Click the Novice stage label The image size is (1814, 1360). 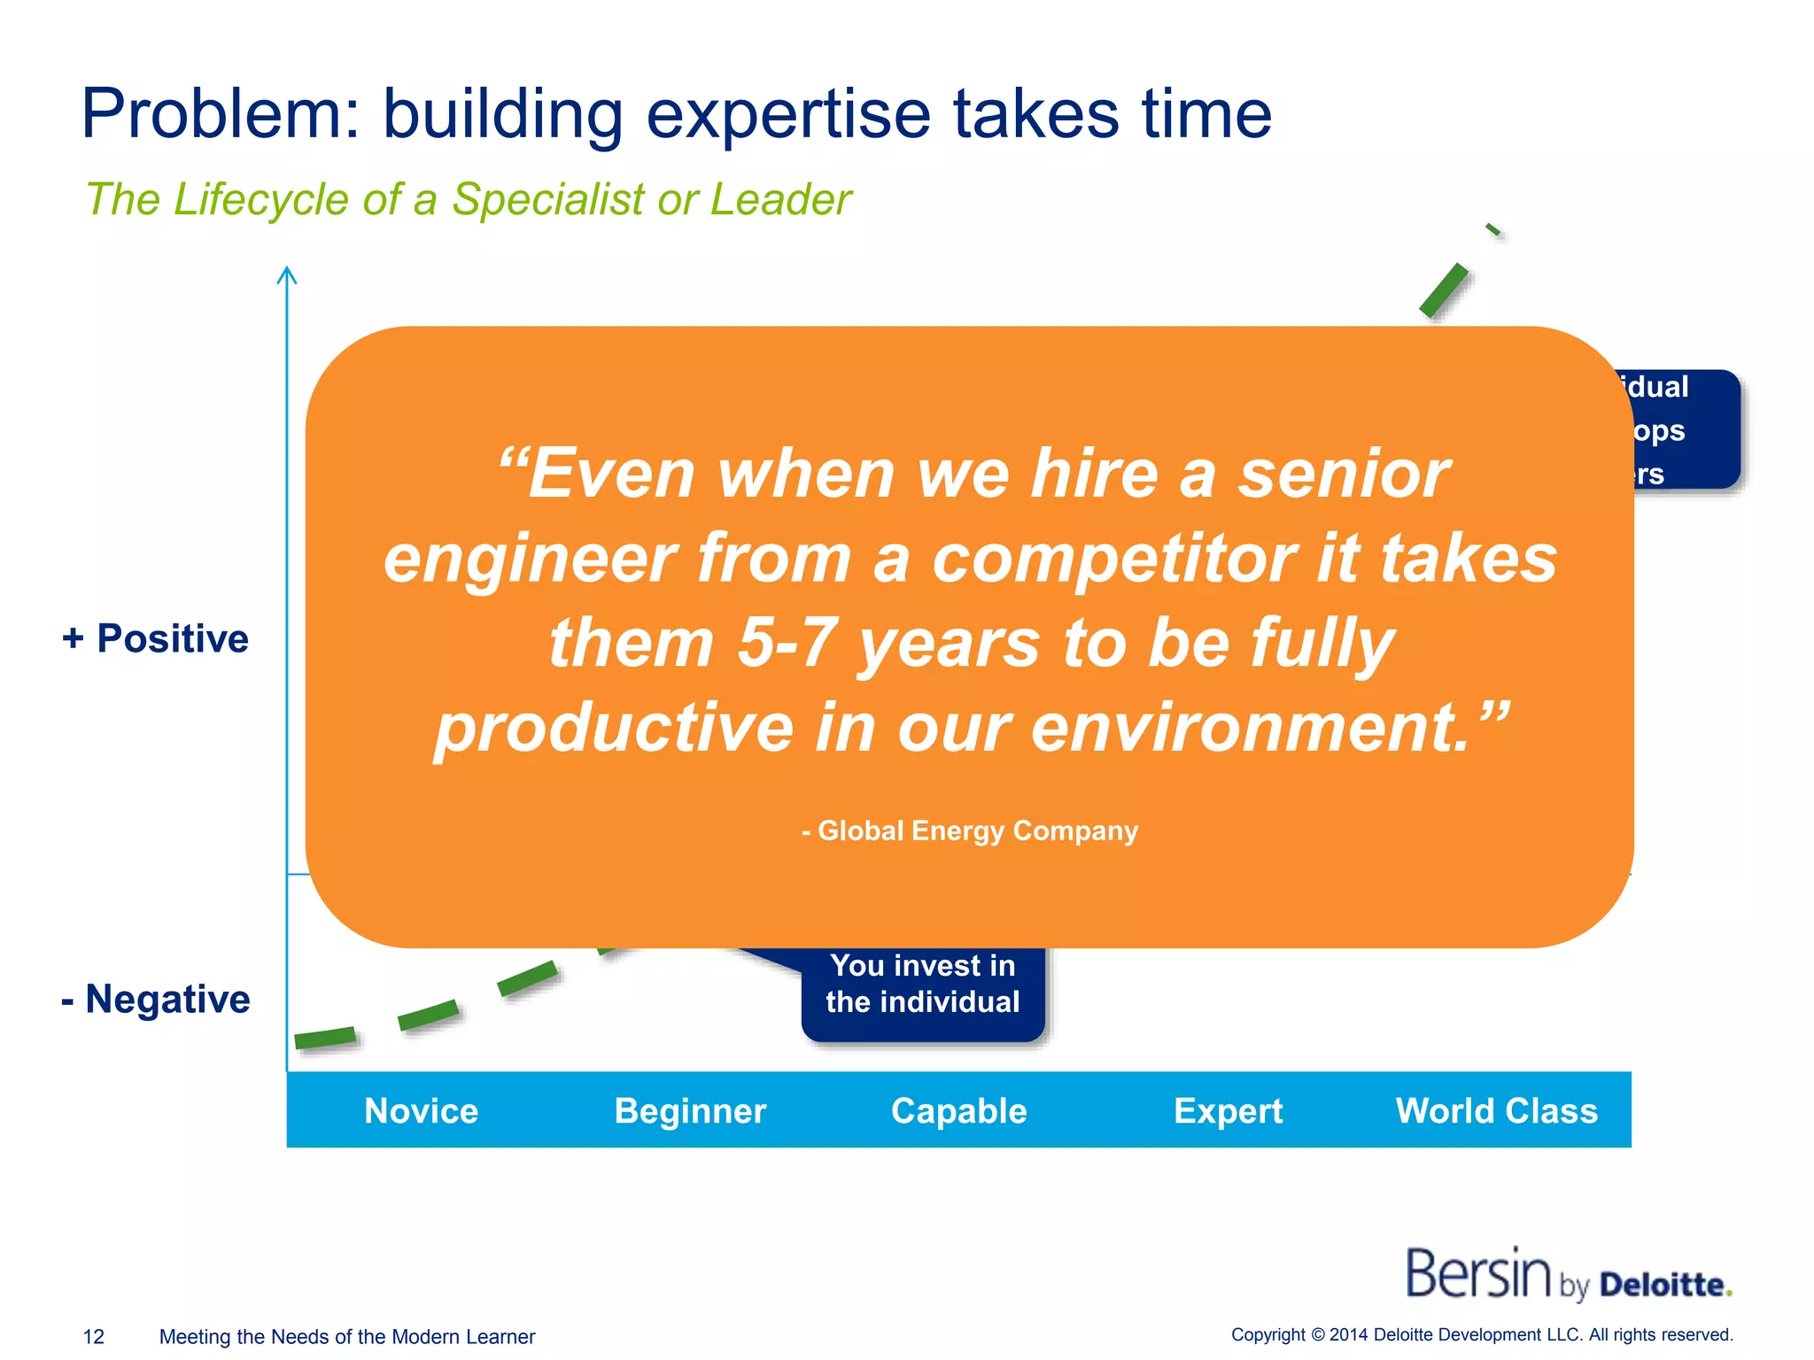click(x=421, y=1110)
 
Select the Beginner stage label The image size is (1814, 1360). click(x=690, y=1110)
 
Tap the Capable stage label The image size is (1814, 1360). click(x=958, y=1110)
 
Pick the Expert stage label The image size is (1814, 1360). click(x=1228, y=1110)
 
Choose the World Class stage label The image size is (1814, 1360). click(x=1496, y=1110)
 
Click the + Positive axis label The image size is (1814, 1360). click(x=156, y=638)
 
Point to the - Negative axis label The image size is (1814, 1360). click(x=156, y=999)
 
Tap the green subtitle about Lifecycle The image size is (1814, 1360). click(x=468, y=199)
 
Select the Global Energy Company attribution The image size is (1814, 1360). click(x=970, y=831)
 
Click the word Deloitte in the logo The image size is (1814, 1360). click(x=1664, y=1285)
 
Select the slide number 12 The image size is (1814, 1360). click(x=93, y=1336)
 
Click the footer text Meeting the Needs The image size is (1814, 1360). click(x=346, y=1336)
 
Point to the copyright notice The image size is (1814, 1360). click(x=1481, y=1334)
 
